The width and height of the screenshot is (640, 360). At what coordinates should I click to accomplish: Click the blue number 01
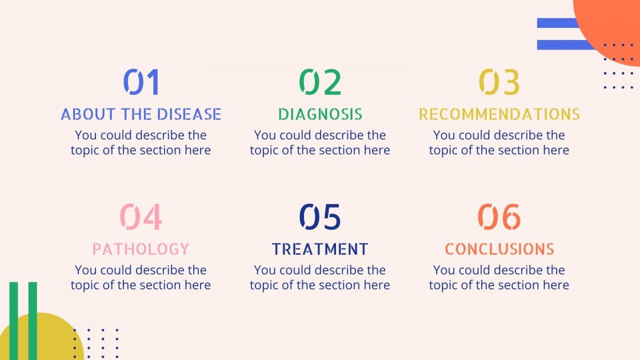pos(141,82)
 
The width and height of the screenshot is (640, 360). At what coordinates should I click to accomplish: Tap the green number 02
pos(320,82)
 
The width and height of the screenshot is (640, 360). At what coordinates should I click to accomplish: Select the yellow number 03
pos(499,82)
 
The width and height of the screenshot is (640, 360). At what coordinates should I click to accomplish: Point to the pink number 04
pos(141,217)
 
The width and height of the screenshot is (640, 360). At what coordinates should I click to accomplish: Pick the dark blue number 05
pos(320,217)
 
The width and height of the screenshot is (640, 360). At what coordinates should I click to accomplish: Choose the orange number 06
pos(499,217)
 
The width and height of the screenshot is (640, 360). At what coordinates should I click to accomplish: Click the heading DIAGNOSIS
pos(320,114)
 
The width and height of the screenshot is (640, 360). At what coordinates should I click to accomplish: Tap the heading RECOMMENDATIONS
pos(499,114)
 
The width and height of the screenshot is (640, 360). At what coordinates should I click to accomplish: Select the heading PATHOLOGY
pos(141,249)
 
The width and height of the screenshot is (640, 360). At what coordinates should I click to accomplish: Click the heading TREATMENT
pos(320,249)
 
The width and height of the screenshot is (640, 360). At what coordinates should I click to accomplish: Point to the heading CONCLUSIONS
pos(499,249)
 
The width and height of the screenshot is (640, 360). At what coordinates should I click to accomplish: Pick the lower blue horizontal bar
pos(563,45)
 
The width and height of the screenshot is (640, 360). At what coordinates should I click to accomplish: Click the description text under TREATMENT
pos(320,277)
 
